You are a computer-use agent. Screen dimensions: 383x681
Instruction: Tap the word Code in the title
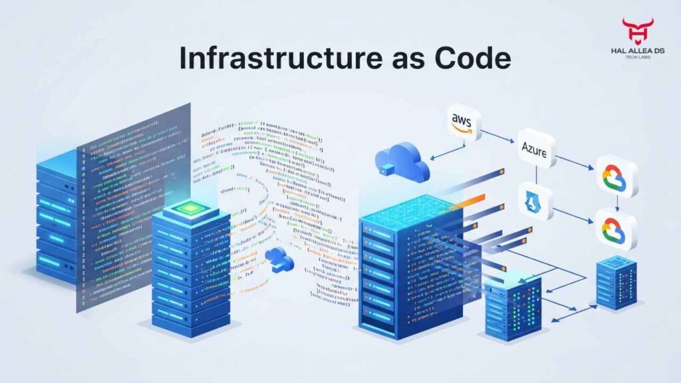[473, 58]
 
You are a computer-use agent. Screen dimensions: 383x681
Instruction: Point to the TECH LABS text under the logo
[637, 57]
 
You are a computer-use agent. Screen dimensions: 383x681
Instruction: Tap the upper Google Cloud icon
[616, 176]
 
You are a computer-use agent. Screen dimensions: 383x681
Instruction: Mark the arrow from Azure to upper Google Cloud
[575, 162]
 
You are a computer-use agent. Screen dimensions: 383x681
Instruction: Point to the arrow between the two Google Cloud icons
[616, 202]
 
